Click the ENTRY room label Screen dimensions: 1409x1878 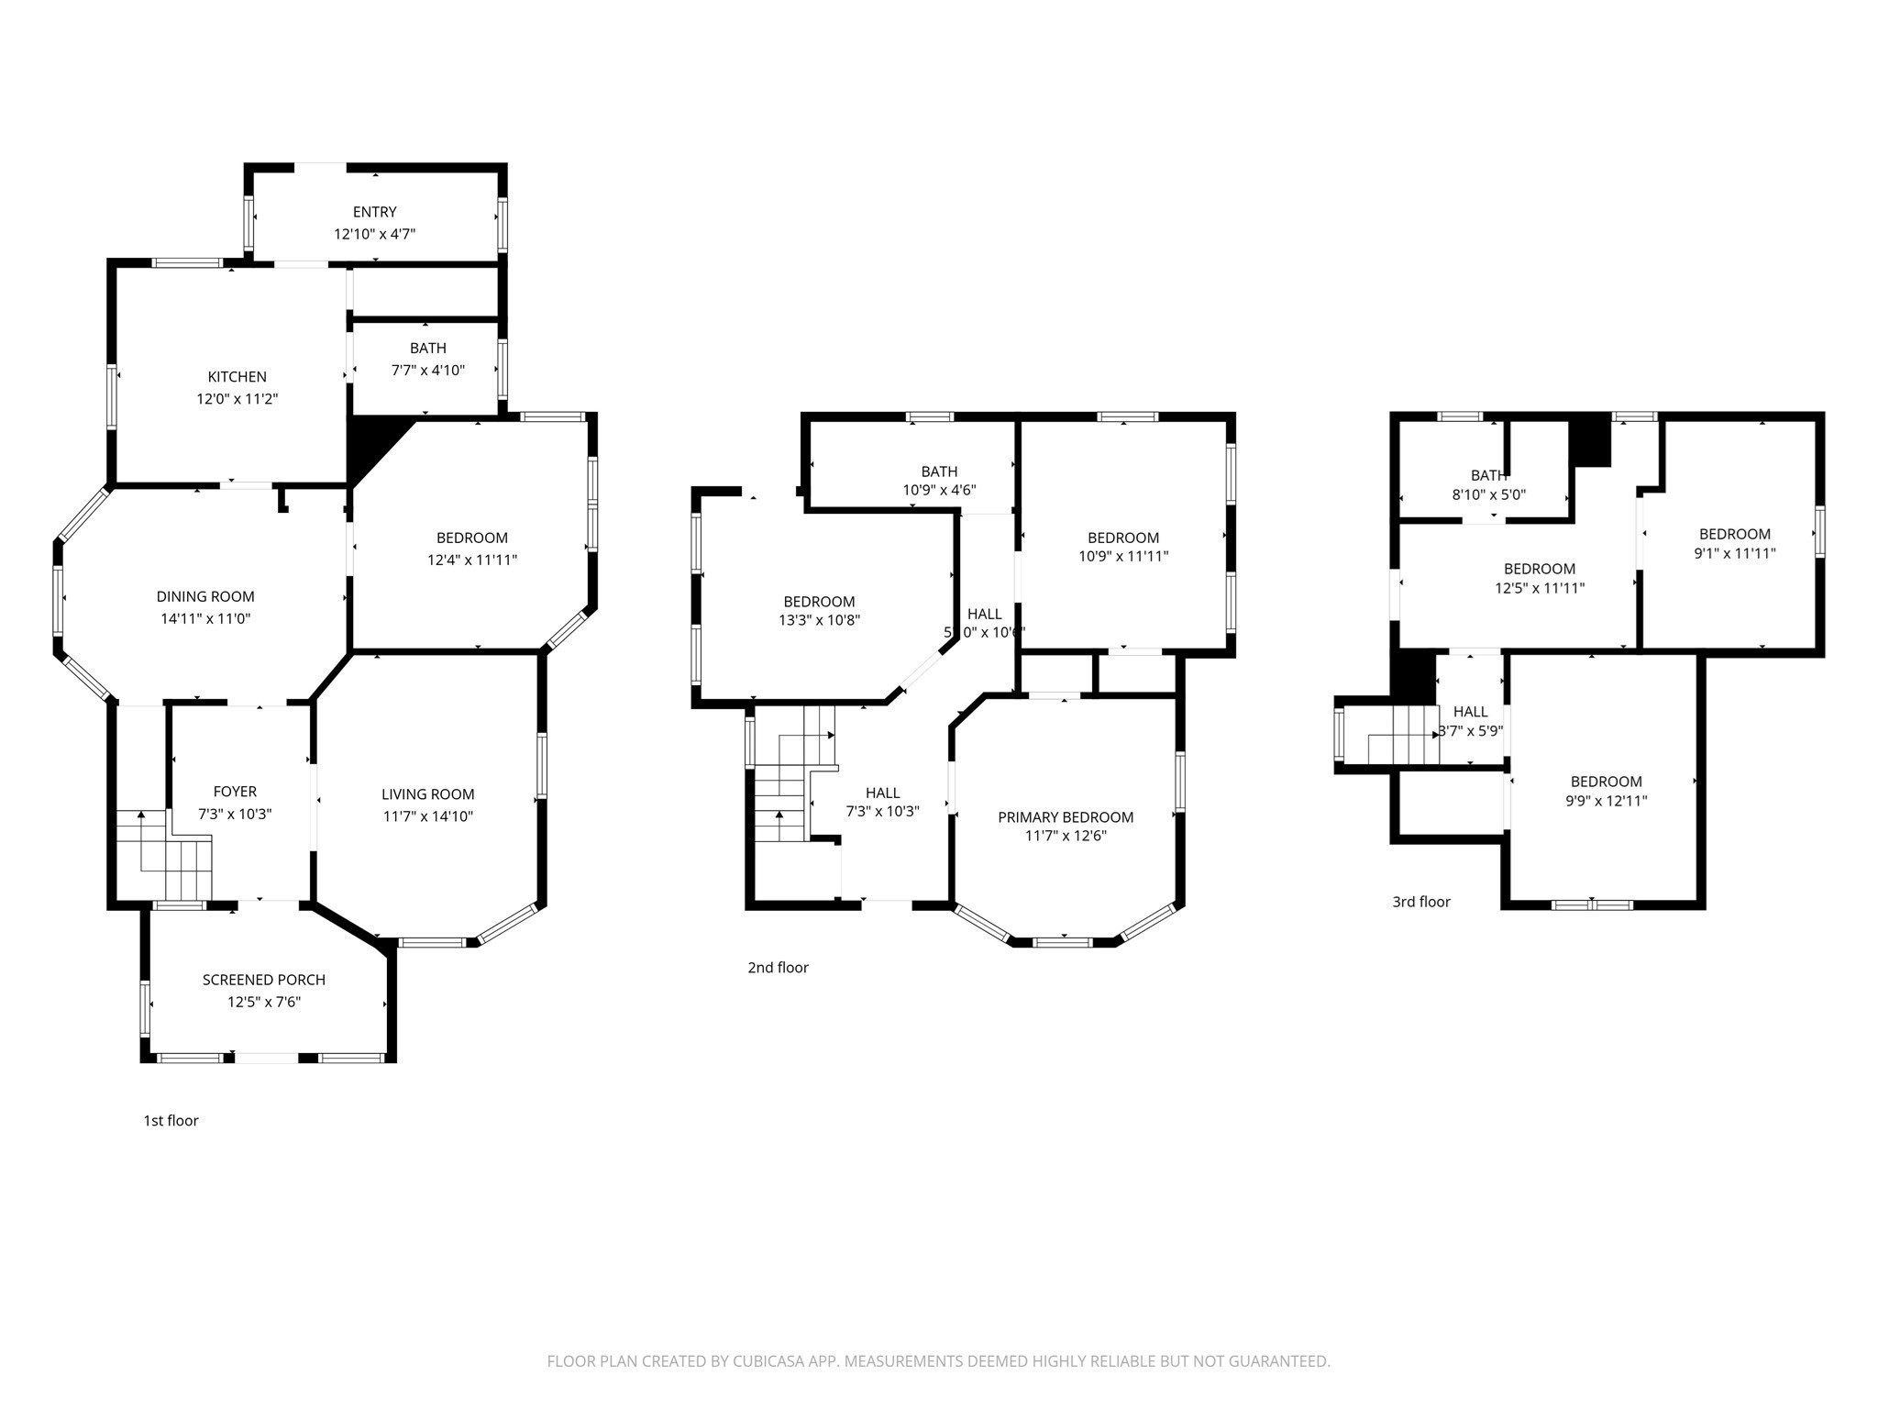[x=374, y=212]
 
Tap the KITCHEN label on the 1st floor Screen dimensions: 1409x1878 [x=237, y=376]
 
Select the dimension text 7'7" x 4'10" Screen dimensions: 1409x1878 [x=428, y=371]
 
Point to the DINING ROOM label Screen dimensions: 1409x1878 [x=205, y=596]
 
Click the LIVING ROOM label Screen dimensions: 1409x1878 [x=428, y=794]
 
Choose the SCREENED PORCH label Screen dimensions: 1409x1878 [x=264, y=980]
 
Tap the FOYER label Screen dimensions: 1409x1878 [x=235, y=791]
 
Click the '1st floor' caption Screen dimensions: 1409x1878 [x=171, y=1120]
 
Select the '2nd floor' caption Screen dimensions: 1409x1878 [x=778, y=967]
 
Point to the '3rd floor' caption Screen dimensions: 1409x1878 [x=1421, y=902]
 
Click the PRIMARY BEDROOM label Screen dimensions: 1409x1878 [x=1066, y=816]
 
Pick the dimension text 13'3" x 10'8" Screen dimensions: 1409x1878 [x=819, y=620]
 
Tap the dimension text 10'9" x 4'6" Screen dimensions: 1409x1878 [x=939, y=490]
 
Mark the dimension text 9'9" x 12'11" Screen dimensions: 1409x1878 [x=1606, y=800]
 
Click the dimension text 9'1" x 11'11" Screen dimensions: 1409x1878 [x=1734, y=553]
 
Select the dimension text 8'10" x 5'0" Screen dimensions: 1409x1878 [x=1488, y=494]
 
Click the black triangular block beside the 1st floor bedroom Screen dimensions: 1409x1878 [x=371, y=440]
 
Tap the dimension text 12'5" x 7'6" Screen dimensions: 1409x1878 [x=264, y=1002]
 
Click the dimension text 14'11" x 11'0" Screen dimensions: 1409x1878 [x=205, y=618]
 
